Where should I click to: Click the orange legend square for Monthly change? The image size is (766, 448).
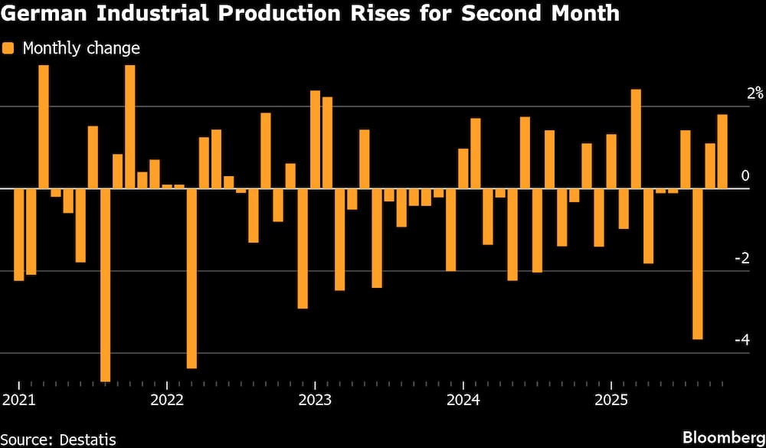coord(8,48)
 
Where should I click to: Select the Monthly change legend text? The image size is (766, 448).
coord(81,48)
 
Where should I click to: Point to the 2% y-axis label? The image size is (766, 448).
coord(734,93)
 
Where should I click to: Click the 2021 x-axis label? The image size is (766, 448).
coord(18,400)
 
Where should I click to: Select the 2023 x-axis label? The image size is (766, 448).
coord(315,400)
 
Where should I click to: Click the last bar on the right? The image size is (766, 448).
coord(722,151)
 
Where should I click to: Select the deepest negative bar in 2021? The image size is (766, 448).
coord(105,284)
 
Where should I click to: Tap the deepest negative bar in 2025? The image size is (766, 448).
coord(697,263)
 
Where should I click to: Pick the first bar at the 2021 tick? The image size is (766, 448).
coord(18,234)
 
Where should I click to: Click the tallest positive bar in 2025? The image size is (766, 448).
coord(636,139)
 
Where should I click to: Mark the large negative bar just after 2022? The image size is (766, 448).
coord(191,278)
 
